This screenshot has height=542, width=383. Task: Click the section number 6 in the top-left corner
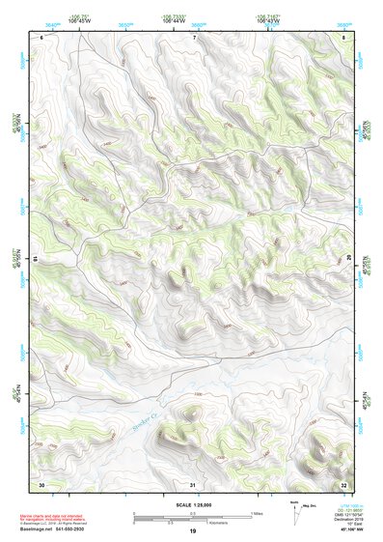(42, 37)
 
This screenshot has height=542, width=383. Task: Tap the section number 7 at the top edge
(193, 37)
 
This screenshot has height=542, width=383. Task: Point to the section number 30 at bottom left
(41, 483)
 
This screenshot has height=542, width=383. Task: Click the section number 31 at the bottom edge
(193, 483)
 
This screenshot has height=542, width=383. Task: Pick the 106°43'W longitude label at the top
(269, 19)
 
